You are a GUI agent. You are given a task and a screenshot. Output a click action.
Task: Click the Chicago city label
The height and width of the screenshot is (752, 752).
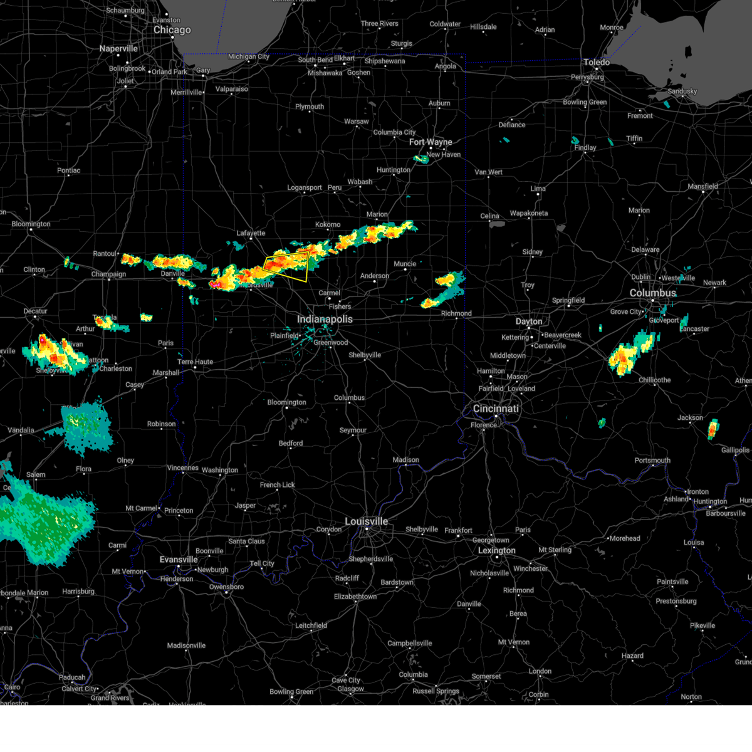coord(172,30)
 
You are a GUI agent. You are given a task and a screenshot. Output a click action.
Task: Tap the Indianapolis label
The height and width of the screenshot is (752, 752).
coord(325,320)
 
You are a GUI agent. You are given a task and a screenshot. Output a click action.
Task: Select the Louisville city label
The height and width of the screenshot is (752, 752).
coord(366,521)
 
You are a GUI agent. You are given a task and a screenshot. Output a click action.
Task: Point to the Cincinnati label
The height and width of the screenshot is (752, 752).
coord(496,409)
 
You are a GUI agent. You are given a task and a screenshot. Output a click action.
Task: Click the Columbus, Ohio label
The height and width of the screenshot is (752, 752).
coord(653,293)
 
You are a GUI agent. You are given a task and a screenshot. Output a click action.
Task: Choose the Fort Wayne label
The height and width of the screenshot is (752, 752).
coord(431,142)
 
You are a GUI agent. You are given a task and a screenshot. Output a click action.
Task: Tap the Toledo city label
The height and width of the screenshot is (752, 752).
coord(597,63)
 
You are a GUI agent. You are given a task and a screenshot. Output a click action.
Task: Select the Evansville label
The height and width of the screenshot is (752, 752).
coord(179,560)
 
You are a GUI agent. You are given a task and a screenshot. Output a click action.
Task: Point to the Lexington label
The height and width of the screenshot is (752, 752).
coord(497,551)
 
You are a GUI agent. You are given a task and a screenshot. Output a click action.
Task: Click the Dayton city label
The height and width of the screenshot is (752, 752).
coord(529,321)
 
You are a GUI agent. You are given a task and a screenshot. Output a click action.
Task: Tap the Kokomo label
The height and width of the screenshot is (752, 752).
coord(328,224)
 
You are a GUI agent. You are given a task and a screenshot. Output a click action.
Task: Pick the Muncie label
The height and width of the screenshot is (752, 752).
coord(405,264)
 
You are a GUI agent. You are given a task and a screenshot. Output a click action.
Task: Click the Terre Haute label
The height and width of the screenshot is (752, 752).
coord(195,362)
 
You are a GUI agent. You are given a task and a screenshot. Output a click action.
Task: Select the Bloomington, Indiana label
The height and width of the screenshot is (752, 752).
coord(286,402)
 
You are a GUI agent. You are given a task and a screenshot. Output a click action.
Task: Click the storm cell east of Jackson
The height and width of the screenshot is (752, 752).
coord(713,430)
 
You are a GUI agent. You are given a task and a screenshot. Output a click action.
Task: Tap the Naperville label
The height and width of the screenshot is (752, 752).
coord(118,49)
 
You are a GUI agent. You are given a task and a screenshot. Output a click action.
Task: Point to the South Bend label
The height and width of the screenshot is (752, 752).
coord(315,60)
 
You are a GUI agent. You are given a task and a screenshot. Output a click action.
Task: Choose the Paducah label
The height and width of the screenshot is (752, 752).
coord(72,677)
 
